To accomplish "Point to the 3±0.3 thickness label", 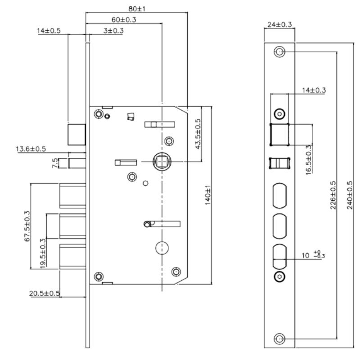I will click(114, 31).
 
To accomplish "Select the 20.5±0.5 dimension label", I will click(45, 293).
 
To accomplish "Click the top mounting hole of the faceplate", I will click(279, 52).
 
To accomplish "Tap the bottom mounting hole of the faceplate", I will click(279, 338).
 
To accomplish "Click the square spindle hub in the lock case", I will click(160, 160).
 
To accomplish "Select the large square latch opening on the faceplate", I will click(279, 134).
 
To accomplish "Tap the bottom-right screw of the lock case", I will click(176, 271).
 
